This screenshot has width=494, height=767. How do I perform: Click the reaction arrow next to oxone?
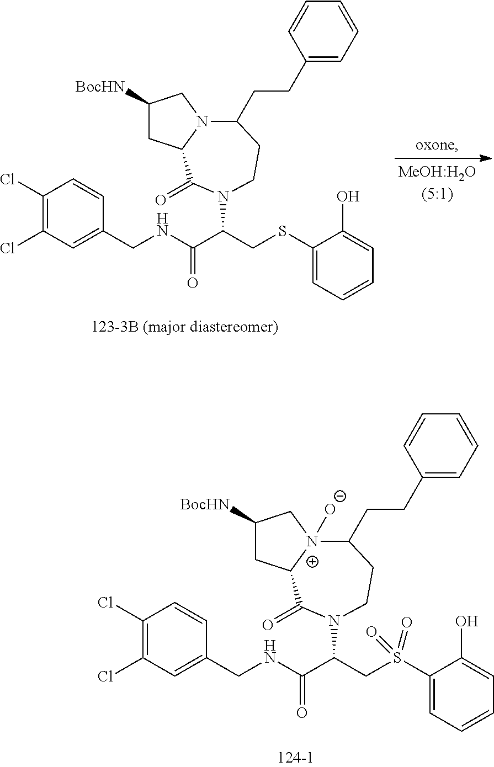445,158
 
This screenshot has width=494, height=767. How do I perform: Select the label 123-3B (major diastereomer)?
184,328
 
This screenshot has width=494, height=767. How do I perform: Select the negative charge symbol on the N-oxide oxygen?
341,496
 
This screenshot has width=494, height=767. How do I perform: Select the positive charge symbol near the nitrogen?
313,562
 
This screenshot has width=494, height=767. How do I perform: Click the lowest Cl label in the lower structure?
106,676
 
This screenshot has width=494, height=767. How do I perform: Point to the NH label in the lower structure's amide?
269,652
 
